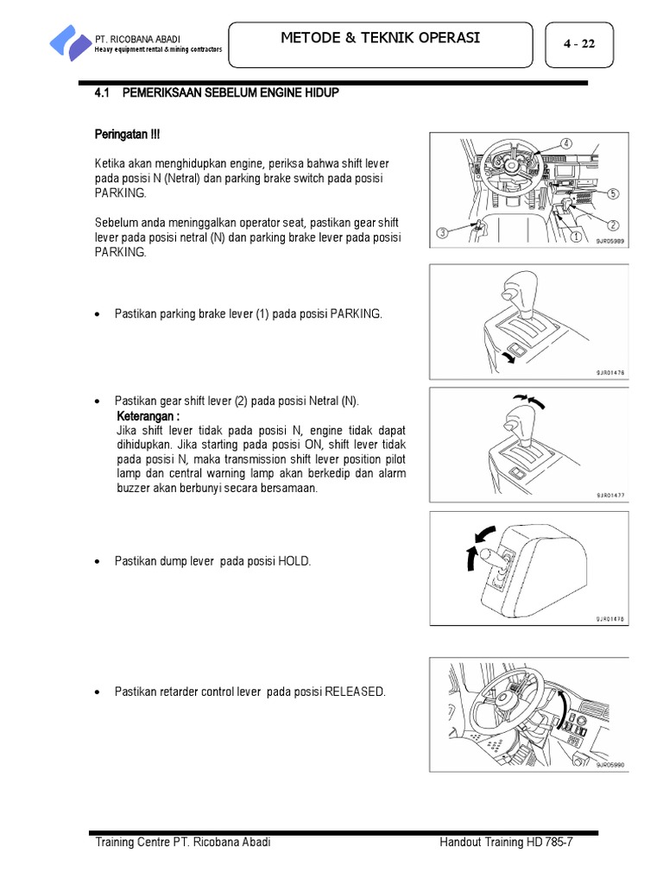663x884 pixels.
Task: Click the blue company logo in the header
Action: (x=69, y=41)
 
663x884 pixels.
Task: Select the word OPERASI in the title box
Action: (x=444, y=37)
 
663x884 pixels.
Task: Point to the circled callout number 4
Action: (x=565, y=142)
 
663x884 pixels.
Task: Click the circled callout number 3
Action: (x=443, y=232)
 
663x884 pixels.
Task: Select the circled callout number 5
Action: (x=612, y=193)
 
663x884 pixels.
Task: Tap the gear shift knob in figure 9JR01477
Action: (x=521, y=422)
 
